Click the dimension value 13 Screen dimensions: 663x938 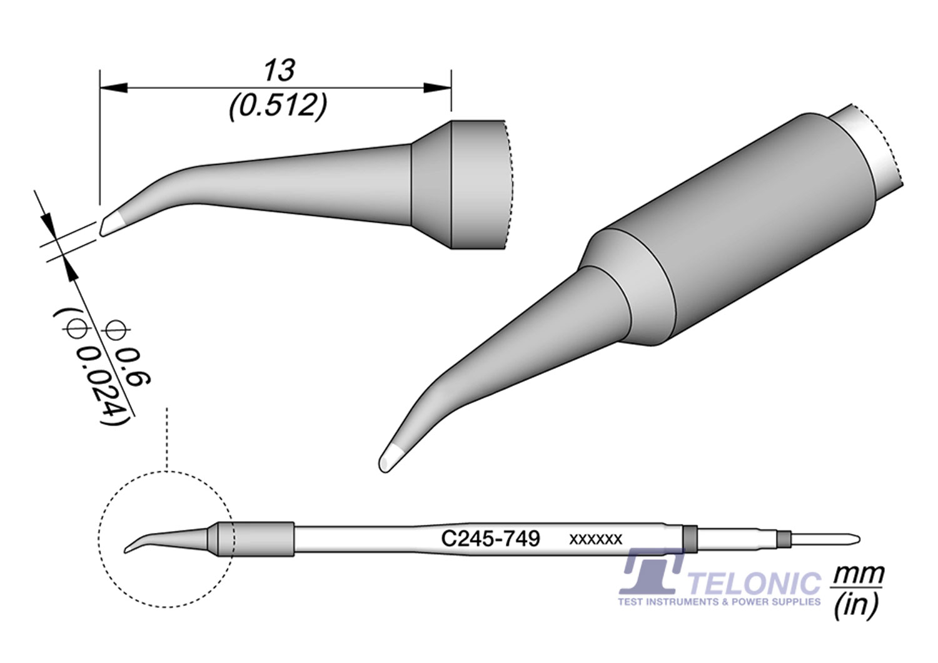point(279,71)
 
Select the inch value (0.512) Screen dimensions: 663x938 point(278,107)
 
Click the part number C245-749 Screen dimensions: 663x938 point(490,539)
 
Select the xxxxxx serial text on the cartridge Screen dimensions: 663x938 point(595,539)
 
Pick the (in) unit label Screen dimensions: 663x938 point(856,605)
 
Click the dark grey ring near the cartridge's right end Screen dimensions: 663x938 point(690,539)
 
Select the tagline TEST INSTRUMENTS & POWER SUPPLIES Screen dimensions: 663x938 point(719,602)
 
